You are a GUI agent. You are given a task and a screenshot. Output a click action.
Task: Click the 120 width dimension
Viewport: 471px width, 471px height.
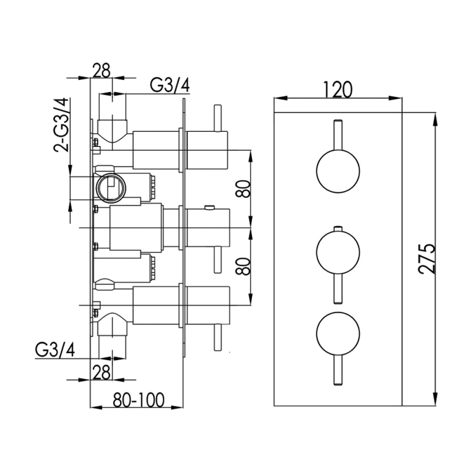[337, 89]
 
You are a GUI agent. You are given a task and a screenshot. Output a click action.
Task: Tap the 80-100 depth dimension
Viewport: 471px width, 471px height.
[139, 400]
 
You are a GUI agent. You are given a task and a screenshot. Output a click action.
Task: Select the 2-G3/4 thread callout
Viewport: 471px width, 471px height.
[61, 125]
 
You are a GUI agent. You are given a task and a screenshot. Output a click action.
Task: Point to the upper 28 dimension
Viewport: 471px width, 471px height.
[101, 70]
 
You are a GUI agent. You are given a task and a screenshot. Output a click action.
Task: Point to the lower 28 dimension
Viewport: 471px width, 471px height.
[101, 373]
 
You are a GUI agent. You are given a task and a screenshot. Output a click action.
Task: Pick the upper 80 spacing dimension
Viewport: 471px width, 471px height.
[243, 188]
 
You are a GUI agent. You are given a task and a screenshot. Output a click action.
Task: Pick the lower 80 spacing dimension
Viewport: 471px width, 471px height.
[243, 266]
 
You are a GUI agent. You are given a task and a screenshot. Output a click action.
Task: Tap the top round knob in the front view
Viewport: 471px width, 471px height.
[338, 171]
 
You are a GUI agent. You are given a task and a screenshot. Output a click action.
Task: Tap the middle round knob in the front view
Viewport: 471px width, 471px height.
[338, 252]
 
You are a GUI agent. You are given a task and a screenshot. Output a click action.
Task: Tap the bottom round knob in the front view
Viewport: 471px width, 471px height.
[338, 333]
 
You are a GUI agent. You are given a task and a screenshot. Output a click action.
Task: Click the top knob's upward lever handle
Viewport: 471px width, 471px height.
[338, 135]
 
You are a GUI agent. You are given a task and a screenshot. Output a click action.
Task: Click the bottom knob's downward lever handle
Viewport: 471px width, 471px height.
[338, 370]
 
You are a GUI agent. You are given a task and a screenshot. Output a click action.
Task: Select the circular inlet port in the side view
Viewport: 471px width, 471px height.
[111, 188]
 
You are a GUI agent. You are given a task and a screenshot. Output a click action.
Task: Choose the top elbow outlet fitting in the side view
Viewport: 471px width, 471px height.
[112, 131]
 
